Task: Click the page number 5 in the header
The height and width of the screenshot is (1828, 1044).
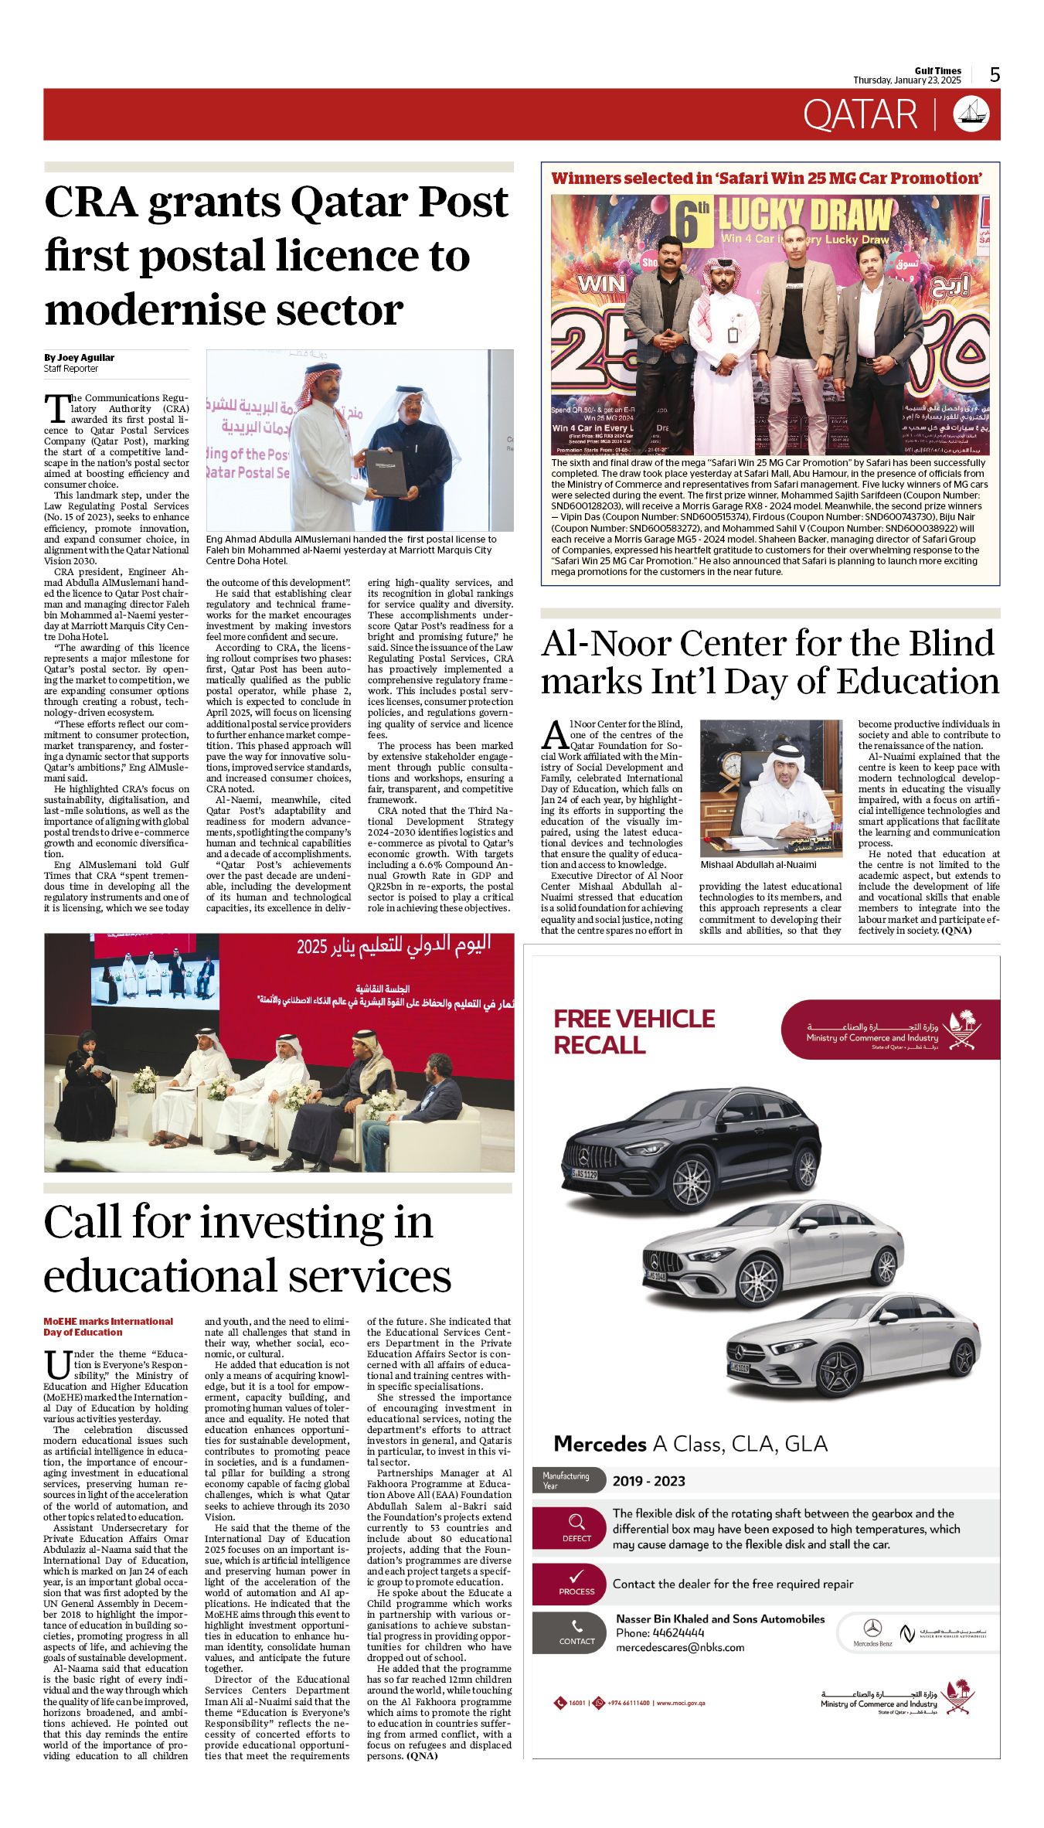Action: pos(995,75)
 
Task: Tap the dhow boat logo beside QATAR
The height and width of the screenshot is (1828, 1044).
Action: pos(971,114)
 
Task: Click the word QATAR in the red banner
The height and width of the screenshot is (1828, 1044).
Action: pos(859,115)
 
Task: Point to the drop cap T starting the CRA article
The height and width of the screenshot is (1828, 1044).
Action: pos(55,408)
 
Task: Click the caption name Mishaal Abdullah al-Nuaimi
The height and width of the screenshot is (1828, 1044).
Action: pos(758,865)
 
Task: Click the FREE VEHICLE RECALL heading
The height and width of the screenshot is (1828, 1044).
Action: pos(634,1031)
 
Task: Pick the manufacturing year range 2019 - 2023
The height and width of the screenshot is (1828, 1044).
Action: pos(648,1481)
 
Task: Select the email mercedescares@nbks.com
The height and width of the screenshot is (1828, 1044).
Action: pos(680,1647)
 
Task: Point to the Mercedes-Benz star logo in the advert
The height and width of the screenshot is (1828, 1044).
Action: pos(872,1628)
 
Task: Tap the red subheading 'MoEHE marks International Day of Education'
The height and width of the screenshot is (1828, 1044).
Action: pos(108,1326)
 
